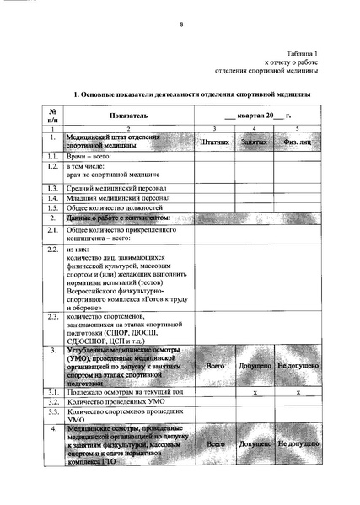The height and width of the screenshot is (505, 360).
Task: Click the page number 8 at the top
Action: [180, 24]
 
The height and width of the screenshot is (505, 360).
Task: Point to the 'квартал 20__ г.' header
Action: [257, 113]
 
